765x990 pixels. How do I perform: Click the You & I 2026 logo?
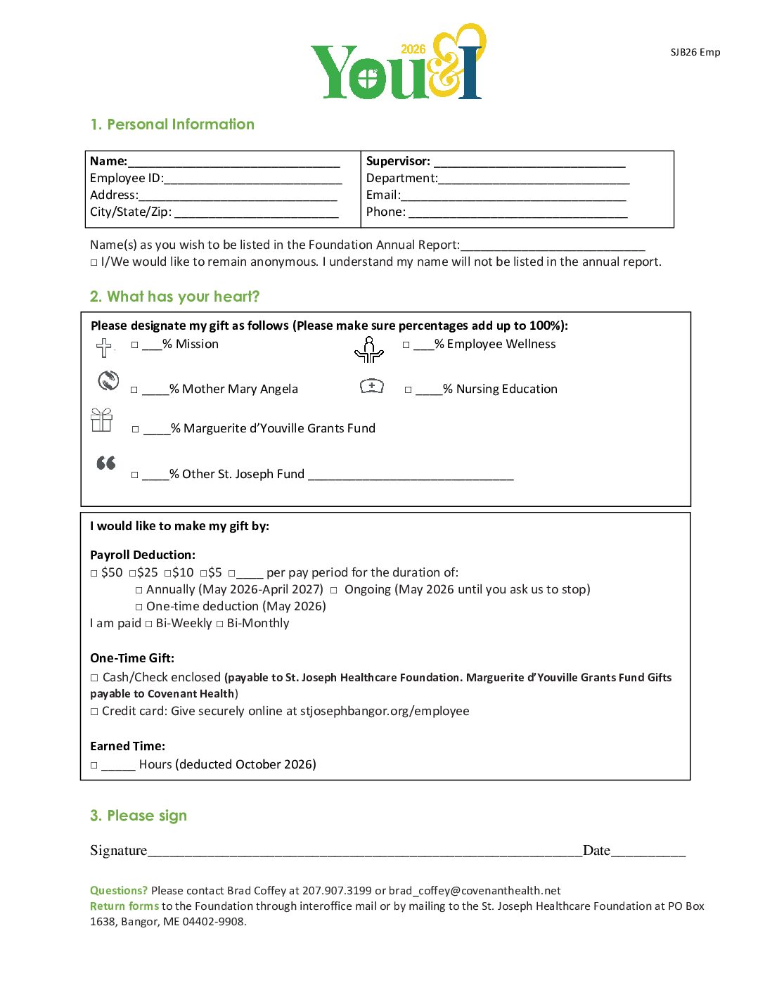(398, 63)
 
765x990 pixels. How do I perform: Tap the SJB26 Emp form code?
(695, 52)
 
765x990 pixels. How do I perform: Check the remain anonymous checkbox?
(94, 262)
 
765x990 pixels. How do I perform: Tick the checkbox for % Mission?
(135, 345)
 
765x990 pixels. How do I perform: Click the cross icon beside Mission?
(104, 347)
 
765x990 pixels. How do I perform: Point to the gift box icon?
(102, 420)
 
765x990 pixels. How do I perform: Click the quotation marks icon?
(106, 463)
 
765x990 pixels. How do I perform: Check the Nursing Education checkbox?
(409, 390)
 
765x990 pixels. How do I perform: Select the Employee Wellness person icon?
(369, 349)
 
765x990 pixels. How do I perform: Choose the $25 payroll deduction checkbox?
(132, 574)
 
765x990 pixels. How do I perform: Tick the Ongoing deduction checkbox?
(334, 590)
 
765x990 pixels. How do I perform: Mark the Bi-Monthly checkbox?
(220, 624)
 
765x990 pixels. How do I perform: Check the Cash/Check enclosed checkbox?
(94, 678)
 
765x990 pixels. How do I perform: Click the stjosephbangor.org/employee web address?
(385, 712)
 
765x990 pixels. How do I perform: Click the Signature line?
(364, 852)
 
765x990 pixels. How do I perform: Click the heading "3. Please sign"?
(139, 816)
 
